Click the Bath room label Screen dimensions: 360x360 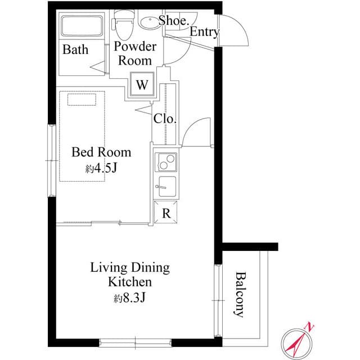pos(75,49)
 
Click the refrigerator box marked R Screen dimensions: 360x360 pos(166,213)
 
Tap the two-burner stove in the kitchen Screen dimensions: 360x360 pos(166,162)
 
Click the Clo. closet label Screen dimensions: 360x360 pos(165,119)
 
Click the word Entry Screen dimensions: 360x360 pos(204,32)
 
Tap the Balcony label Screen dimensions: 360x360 pos(240,295)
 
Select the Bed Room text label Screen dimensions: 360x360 pos(101,152)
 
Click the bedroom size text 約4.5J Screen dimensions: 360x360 pos(101,168)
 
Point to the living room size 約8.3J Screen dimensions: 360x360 pos(130,299)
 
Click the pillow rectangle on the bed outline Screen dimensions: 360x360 pos(82,100)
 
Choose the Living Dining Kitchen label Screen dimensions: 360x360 pos(130,274)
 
